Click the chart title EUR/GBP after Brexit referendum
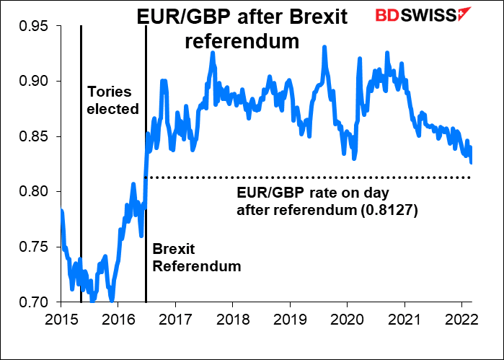[x=242, y=29]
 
